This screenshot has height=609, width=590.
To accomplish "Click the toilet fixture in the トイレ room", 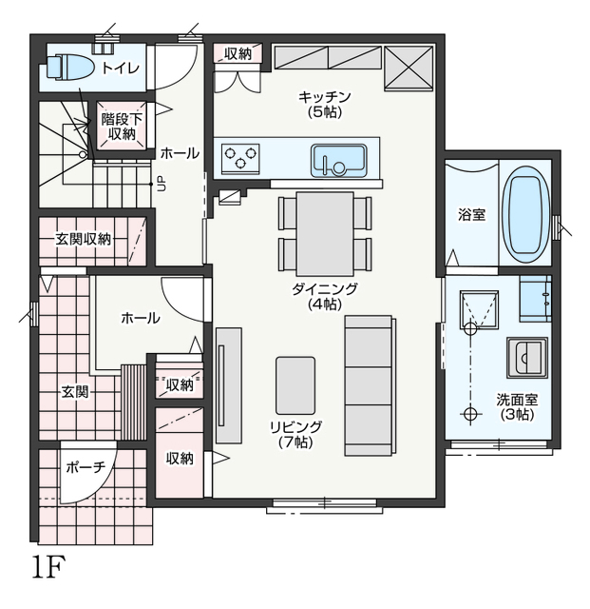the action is point(69,67).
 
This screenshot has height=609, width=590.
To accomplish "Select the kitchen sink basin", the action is point(338,161).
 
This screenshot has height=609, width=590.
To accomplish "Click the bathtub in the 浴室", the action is point(525,216).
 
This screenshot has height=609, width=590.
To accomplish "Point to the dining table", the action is point(325,234).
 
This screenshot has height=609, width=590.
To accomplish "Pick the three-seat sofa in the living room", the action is point(371,385).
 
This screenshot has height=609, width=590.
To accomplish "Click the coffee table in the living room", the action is point(295,385).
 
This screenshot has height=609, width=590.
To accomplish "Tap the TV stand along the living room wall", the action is point(229,385).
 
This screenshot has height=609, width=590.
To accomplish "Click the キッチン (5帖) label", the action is point(325,104).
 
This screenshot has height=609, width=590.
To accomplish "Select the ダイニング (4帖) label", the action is point(325,296).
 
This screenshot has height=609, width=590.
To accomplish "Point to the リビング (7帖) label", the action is point(296,434).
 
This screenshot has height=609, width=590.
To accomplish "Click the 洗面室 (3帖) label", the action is point(517,407).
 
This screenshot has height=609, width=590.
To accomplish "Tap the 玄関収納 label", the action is point(83,239).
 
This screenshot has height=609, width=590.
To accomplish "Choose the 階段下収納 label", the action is point(122,127).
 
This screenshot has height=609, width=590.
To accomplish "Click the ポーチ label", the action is point(86,467).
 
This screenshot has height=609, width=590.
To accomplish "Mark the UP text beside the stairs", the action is point(161,183).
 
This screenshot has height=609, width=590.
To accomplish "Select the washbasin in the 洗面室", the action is point(526,358).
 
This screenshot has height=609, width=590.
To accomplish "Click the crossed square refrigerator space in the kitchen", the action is point(409,68).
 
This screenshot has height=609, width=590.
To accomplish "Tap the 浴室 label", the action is point(471,214).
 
